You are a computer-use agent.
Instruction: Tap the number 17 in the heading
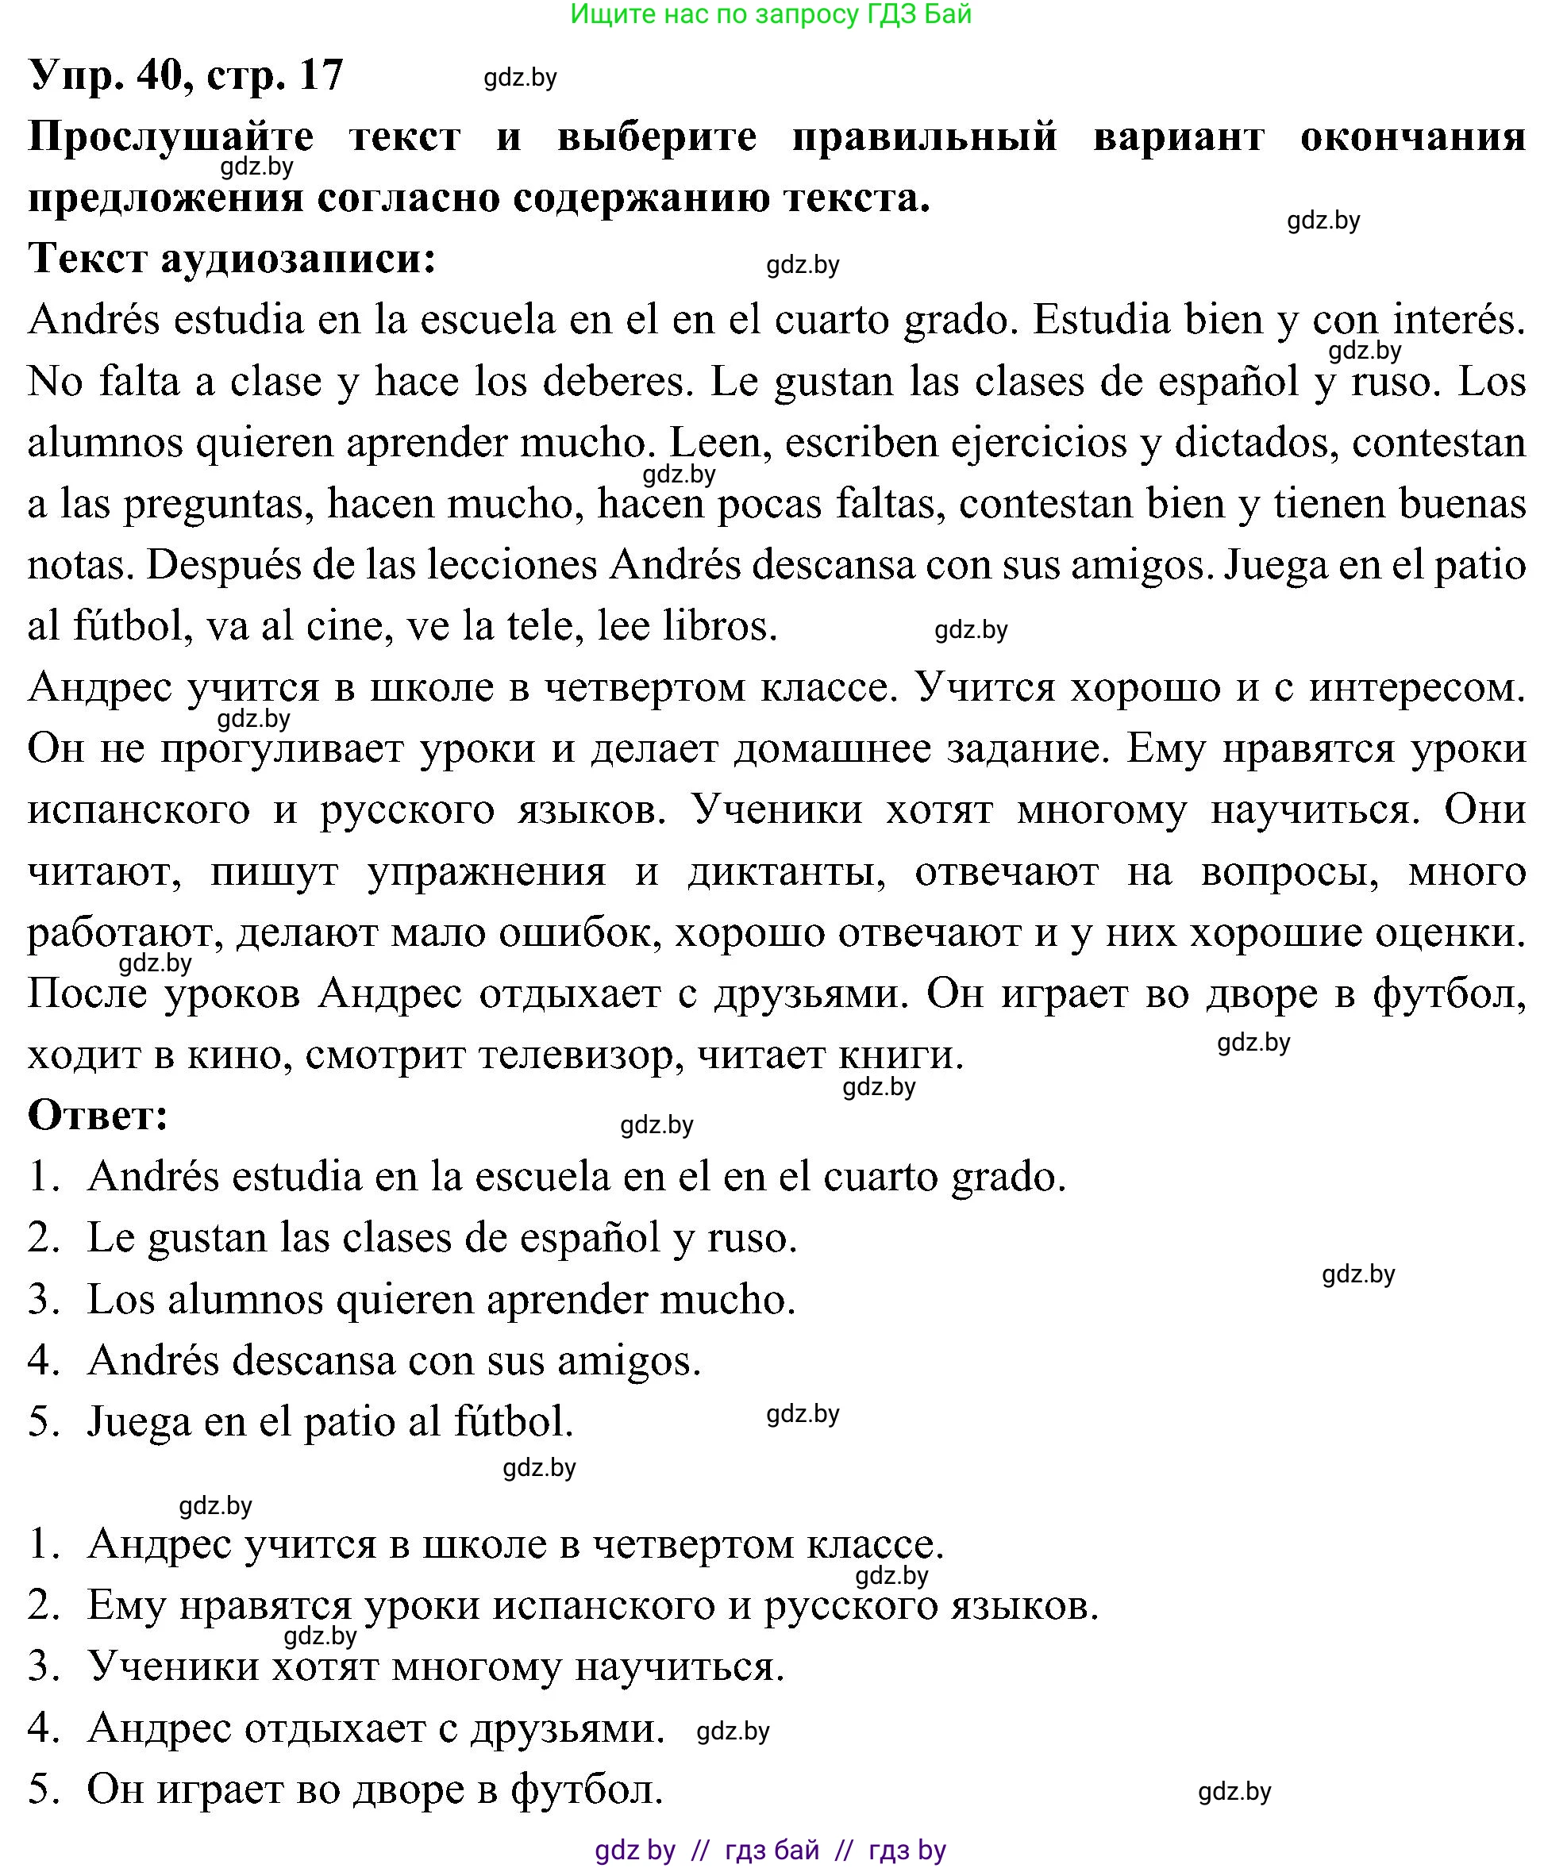pos(321,75)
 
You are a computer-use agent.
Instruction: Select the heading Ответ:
pos(98,1115)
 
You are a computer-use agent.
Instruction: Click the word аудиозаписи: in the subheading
pos(298,259)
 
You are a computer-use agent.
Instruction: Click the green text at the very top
pos(770,14)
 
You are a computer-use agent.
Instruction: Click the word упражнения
pos(487,871)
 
